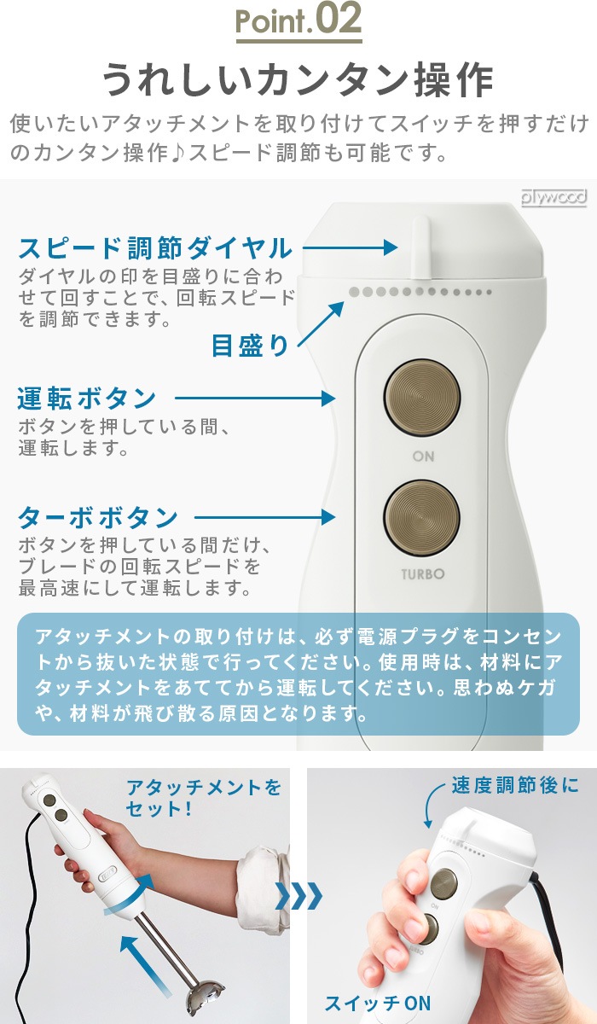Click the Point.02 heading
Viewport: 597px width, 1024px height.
(298, 20)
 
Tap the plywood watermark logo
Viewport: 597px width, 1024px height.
(554, 197)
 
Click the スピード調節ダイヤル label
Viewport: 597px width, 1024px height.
(155, 248)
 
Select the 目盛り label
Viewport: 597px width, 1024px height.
(250, 346)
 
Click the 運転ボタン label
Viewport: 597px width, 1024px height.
(87, 399)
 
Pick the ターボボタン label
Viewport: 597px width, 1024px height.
(98, 517)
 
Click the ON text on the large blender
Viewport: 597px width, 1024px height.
(423, 457)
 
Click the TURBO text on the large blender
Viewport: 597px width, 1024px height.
(422, 574)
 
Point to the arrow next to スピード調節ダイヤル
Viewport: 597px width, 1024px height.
(350, 247)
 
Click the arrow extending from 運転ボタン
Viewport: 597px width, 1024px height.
(255, 399)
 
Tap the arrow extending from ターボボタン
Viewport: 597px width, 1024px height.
(265, 517)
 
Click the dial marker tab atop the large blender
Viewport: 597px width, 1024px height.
(421, 247)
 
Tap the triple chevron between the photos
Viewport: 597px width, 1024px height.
(298, 895)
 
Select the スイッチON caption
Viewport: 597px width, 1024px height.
(377, 1004)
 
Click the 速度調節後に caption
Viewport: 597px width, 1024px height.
(515, 786)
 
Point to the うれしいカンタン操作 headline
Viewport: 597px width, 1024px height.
(298, 80)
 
